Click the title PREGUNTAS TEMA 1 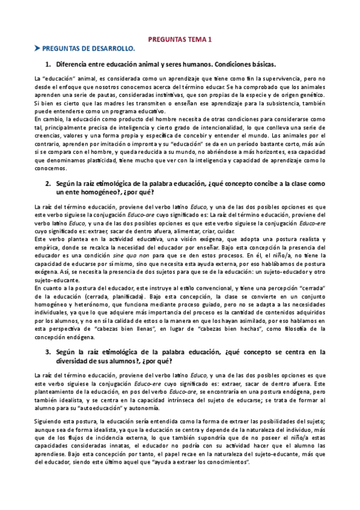click(x=180, y=38)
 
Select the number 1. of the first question click(x=49, y=64)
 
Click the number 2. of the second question click(x=49, y=183)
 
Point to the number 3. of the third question click(x=49, y=352)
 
